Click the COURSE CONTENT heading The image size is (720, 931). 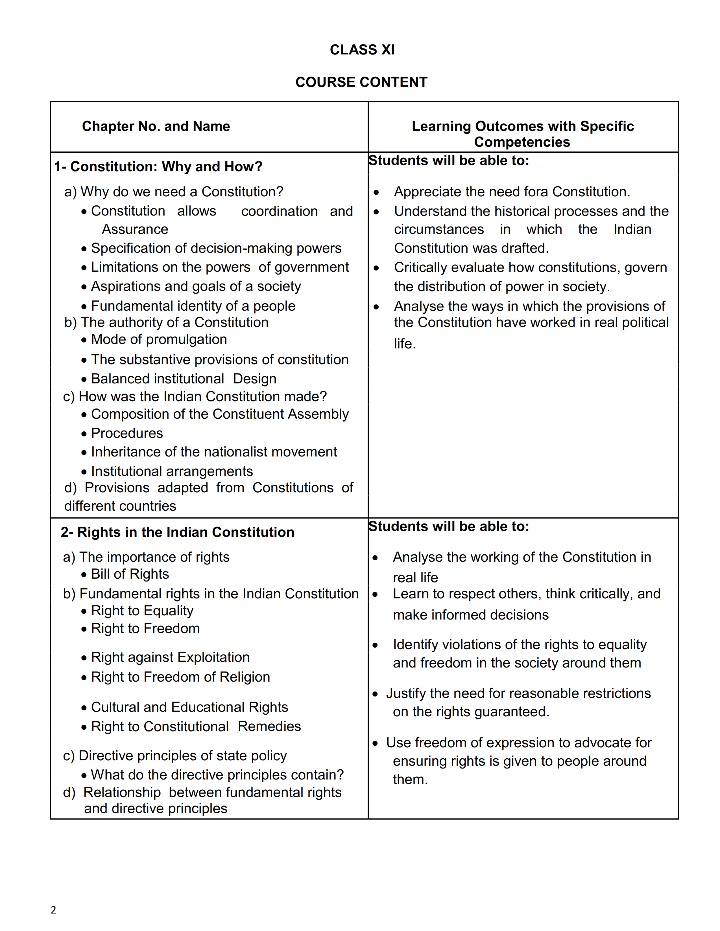(361, 82)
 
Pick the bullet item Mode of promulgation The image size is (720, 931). (159, 339)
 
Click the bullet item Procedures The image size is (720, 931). (127, 433)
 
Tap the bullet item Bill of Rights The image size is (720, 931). (130, 574)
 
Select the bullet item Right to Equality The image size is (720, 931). (142, 611)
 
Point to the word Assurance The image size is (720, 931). (135, 229)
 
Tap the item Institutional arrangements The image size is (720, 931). (172, 471)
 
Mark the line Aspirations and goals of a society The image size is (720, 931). (196, 286)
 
